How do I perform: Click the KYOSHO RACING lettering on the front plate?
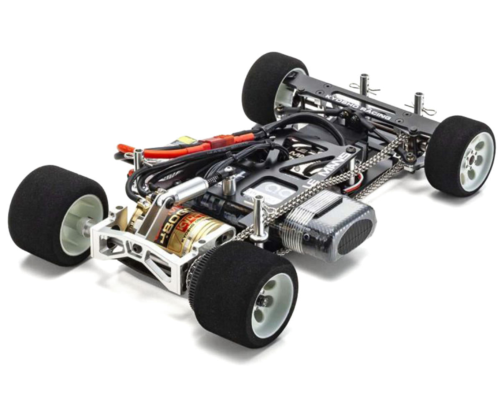tap(358, 104)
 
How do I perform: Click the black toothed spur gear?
tap(196, 276)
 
